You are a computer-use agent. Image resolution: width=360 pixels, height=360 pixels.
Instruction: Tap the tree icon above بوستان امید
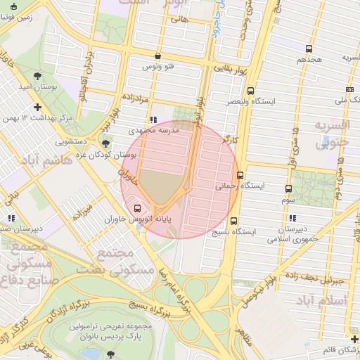(37, 75)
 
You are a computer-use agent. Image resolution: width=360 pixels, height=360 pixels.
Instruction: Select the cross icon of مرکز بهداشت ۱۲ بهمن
(37, 108)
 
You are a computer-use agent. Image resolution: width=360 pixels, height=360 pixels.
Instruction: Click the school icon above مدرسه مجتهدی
(153, 120)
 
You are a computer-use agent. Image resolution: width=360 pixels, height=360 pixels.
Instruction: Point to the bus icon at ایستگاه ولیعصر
(251, 91)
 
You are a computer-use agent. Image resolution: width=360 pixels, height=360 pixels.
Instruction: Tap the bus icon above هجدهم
(309, 49)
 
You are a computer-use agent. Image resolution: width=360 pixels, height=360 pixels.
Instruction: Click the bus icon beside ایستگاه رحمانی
(240, 174)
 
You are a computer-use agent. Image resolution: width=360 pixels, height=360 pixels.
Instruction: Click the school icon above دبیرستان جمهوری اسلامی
(292, 218)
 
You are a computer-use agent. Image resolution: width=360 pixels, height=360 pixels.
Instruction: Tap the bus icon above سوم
(288, 188)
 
